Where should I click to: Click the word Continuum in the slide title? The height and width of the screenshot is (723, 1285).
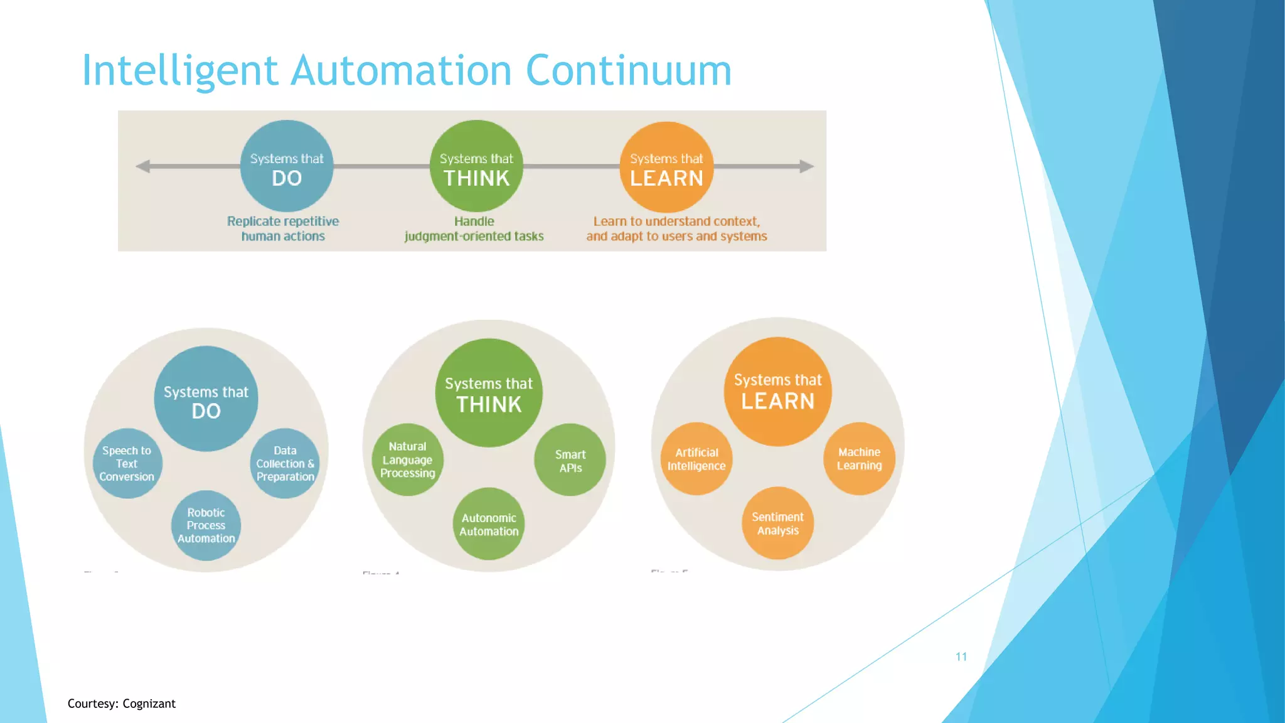pos(629,70)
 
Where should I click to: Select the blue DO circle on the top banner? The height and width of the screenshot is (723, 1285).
pos(287,166)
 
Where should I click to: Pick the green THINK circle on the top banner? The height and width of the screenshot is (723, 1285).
pos(476,166)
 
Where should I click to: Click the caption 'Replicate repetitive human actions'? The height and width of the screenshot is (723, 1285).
pos(283,228)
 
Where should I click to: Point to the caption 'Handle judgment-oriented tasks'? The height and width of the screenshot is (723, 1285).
pos(474,228)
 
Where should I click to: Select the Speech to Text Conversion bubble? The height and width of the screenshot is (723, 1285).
pos(127,464)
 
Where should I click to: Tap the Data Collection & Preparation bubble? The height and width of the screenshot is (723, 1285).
pos(285,464)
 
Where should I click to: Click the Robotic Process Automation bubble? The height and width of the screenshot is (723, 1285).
pos(206,525)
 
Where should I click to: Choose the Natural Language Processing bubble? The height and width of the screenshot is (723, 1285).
pos(407,460)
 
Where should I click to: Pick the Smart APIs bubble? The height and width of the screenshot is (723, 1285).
pos(570,461)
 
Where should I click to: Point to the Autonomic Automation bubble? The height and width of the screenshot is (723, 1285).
pos(489,524)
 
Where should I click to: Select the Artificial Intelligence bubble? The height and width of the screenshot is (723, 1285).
pos(696,459)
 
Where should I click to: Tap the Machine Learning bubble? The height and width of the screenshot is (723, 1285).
pos(859,459)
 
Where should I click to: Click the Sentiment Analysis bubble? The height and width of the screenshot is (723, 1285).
pos(778,523)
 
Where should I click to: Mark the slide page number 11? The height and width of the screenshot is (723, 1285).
pos(961,656)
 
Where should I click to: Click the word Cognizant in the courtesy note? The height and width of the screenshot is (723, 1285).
pos(149,704)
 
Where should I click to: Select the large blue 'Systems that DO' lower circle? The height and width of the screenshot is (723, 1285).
pos(206,399)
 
